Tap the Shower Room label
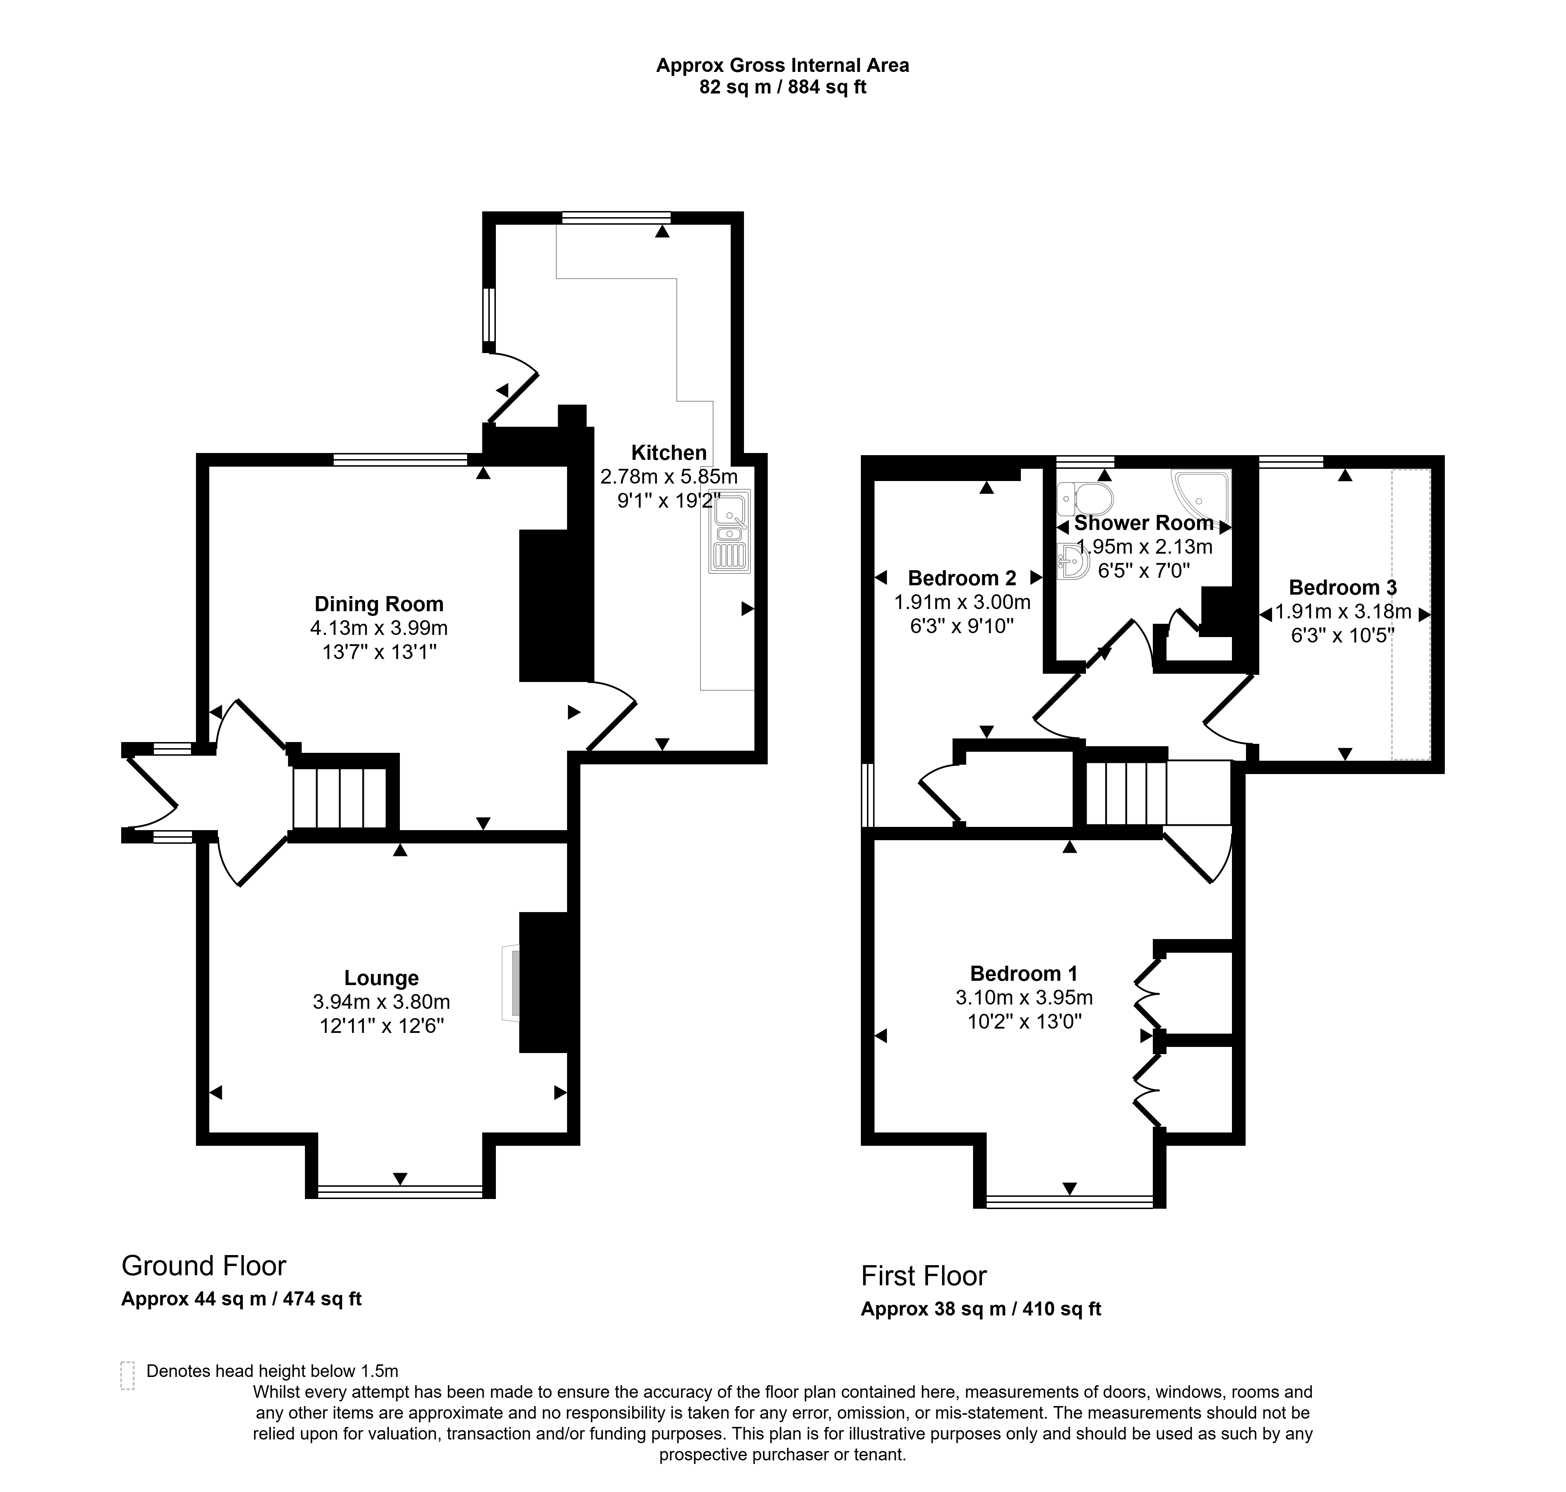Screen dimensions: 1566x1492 [x=1144, y=523]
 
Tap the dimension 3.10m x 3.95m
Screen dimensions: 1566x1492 [x=1024, y=997]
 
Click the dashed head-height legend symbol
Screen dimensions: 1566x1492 [x=127, y=1375]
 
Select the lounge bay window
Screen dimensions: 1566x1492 [x=400, y=1191]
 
